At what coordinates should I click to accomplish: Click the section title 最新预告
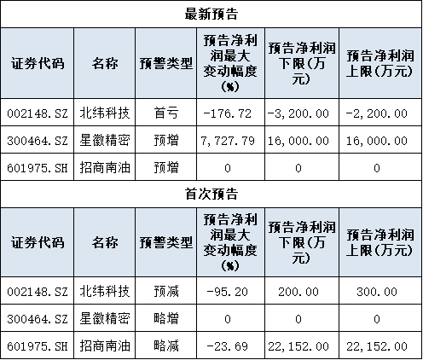[x=211, y=14]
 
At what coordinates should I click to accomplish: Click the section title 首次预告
[x=211, y=194]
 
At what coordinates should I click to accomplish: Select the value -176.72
[x=228, y=113]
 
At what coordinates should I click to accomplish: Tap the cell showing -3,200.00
[x=298, y=113]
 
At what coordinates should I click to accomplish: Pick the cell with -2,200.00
[x=377, y=113]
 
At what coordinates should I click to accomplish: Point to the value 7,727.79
[x=228, y=141]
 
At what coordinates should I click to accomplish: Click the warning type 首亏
[x=166, y=113]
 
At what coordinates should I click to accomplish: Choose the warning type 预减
[x=166, y=291]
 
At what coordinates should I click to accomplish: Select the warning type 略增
[x=166, y=318]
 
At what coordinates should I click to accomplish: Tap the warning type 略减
[x=166, y=345]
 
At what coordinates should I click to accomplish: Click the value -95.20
[x=228, y=292]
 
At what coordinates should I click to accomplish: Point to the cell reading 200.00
[x=298, y=292]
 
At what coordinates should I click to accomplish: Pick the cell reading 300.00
[x=377, y=292]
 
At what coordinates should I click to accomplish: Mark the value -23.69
[x=228, y=346]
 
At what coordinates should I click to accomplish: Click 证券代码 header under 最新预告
[x=38, y=63]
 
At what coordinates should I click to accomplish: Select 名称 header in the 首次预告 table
[x=105, y=242]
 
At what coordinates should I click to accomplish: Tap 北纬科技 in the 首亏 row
[x=105, y=113]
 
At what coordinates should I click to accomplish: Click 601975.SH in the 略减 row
[x=38, y=346]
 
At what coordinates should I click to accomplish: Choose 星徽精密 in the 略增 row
[x=105, y=318]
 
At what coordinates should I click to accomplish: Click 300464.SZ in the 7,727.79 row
[x=38, y=141]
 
